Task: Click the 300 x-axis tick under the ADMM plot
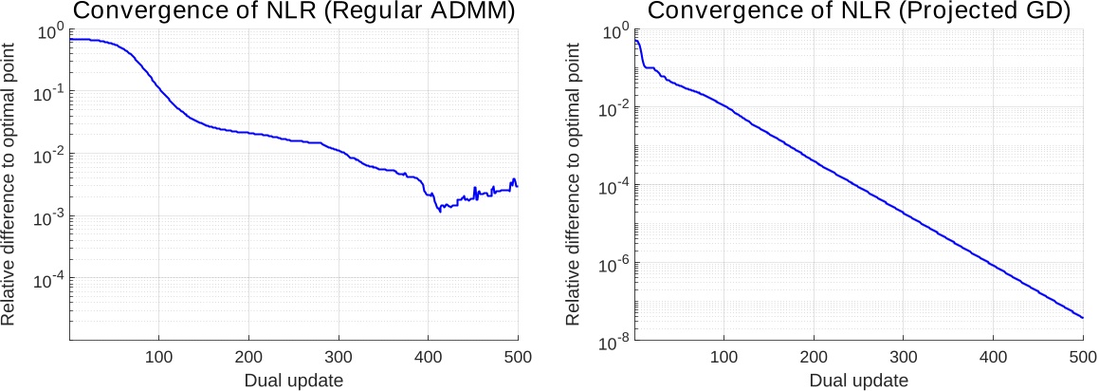[339, 357]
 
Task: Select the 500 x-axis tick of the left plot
[517, 357]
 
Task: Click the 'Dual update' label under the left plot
[294, 380]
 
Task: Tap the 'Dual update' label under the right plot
[859, 381]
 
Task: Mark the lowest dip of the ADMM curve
[440, 211]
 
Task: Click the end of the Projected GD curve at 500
[1083, 318]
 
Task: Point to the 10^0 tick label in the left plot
[46, 31]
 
